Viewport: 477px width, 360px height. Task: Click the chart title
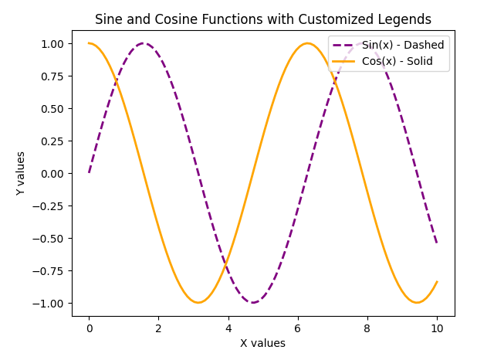pyautogui.click(x=262, y=20)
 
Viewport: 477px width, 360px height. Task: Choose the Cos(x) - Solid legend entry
pyautogui.click(x=397, y=61)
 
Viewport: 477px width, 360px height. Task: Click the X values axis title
pyautogui.click(x=262, y=343)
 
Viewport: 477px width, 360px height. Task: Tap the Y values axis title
pyautogui.click(x=21, y=173)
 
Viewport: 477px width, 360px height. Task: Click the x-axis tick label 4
pyautogui.click(x=228, y=328)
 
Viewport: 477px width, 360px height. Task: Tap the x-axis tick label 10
pyautogui.click(x=437, y=328)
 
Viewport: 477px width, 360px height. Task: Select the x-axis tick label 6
pyautogui.click(x=298, y=328)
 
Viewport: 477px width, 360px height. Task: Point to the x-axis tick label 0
pyautogui.click(x=90, y=328)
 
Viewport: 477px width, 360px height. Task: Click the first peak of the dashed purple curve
pyautogui.click(x=144, y=43)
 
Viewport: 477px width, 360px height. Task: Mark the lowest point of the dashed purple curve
pyautogui.click(x=253, y=303)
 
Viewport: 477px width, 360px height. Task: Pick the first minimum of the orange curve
pyautogui.click(x=198, y=303)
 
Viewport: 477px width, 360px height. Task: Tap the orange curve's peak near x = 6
pyautogui.click(x=308, y=43)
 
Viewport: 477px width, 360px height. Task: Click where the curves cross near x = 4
pyautogui.click(x=226, y=265)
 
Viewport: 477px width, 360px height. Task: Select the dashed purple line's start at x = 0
pyautogui.click(x=90, y=172)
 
